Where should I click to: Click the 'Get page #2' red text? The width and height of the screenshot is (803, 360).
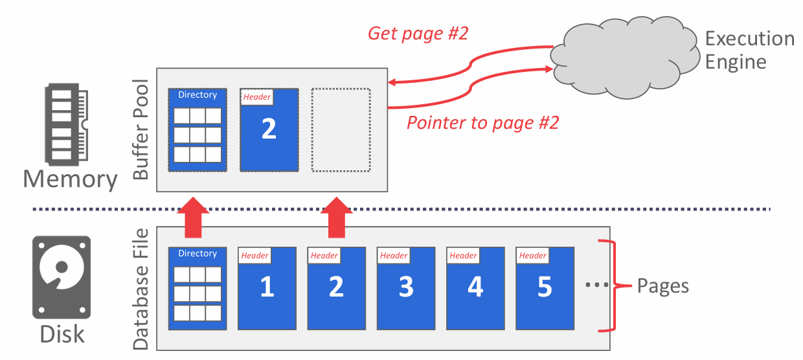[417, 34]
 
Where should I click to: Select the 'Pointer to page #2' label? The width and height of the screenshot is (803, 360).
[482, 122]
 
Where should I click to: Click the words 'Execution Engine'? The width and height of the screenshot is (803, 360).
[749, 51]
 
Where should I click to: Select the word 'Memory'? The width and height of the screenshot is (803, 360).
[70, 179]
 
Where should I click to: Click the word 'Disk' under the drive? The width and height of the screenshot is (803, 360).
[62, 334]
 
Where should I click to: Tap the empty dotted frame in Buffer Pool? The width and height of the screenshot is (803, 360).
[341, 129]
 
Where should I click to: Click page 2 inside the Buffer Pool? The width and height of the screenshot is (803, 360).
[269, 130]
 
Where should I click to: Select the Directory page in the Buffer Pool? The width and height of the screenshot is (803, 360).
[198, 129]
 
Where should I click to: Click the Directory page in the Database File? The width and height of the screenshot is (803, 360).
[198, 288]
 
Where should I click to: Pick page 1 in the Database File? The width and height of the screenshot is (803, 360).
[267, 288]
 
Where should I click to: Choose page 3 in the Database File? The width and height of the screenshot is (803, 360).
[406, 288]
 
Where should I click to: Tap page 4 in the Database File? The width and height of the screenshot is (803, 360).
[475, 288]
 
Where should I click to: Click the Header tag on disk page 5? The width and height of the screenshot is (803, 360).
[533, 256]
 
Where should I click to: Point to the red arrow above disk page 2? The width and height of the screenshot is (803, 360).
[336, 218]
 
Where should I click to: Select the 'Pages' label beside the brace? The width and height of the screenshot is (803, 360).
[662, 286]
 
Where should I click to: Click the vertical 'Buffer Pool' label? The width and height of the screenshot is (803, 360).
[141, 129]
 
